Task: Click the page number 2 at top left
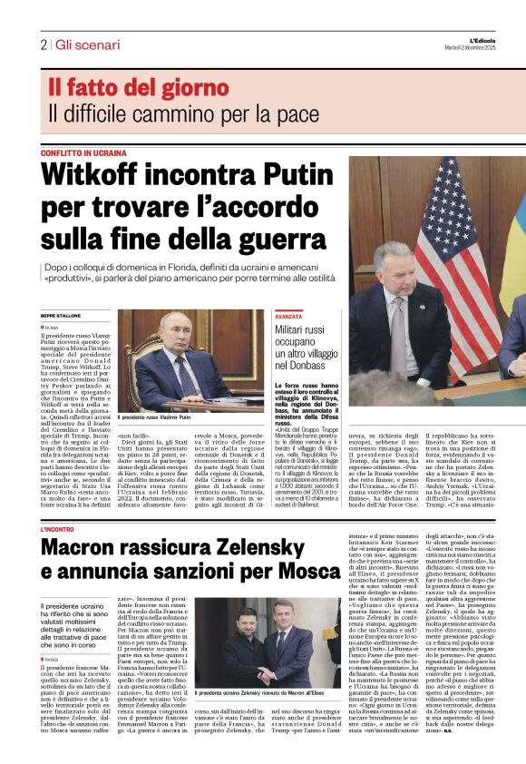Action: click(43, 44)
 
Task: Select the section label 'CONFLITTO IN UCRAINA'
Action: click(83, 153)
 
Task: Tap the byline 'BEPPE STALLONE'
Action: click(61, 315)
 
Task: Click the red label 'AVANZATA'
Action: click(288, 316)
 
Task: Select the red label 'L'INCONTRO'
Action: click(58, 528)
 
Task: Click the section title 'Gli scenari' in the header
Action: click(87, 44)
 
